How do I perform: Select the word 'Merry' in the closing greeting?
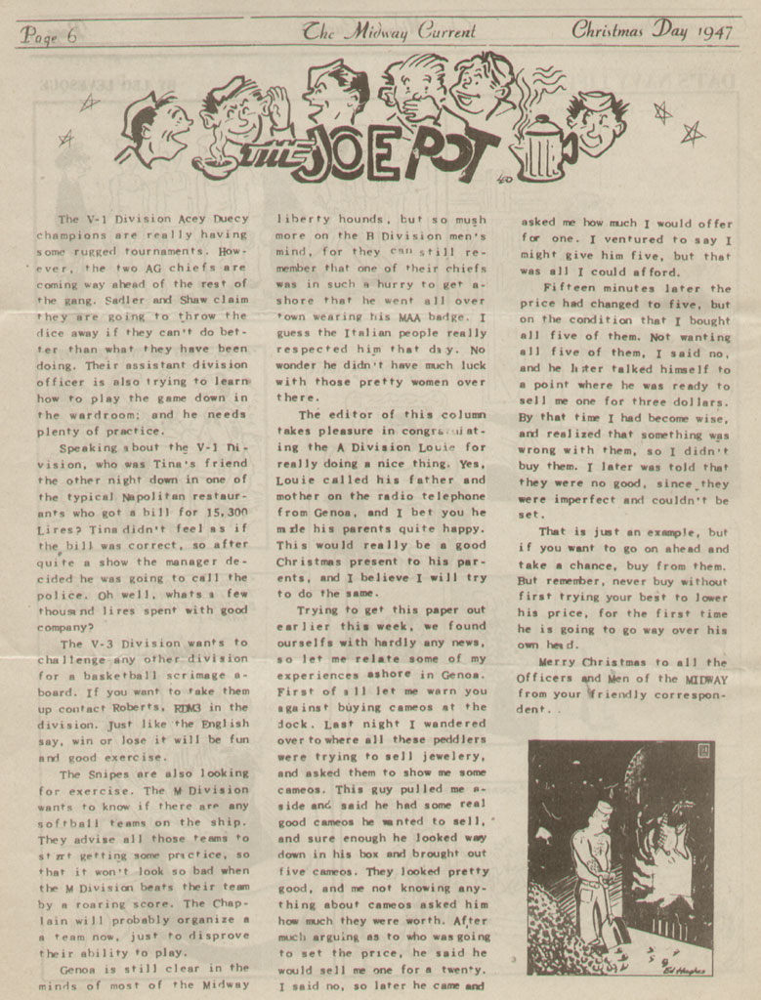[563, 662]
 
